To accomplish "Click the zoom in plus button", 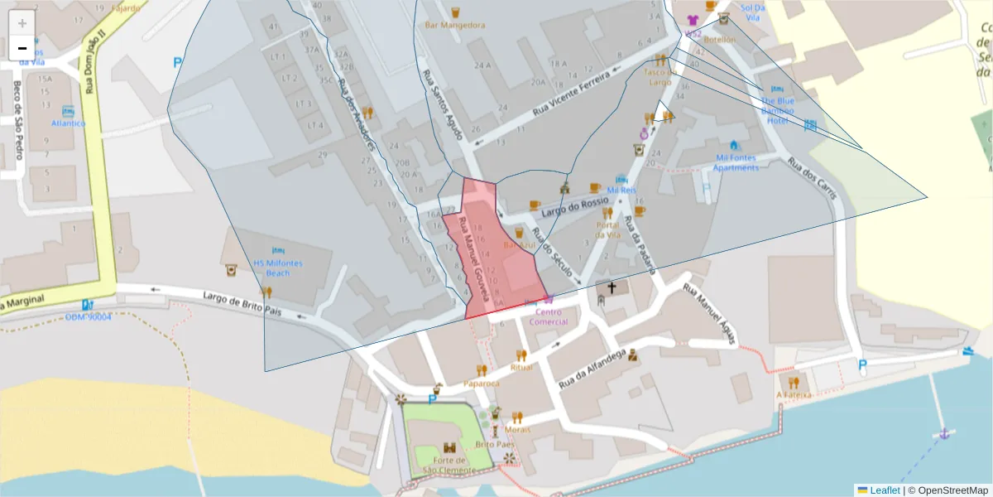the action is click(x=22, y=22).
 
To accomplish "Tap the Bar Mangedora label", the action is click(x=454, y=25).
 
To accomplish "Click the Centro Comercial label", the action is click(x=548, y=316).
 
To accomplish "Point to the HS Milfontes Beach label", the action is click(x=278, y=268).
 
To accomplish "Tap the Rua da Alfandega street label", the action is click(x=592, y=369).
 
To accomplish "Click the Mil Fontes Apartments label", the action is click(x=736, y=162).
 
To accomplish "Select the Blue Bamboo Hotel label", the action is click(x=777, y=110).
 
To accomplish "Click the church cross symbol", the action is click(x=612, y=288).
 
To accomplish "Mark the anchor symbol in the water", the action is click(x=943, y=433).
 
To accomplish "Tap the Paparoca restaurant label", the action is click(x=482, y=384).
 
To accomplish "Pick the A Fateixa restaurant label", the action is click(x=793, y=395).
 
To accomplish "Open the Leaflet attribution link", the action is click(x=885, y=490).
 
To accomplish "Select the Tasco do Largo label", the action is click(x=659, y=76).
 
